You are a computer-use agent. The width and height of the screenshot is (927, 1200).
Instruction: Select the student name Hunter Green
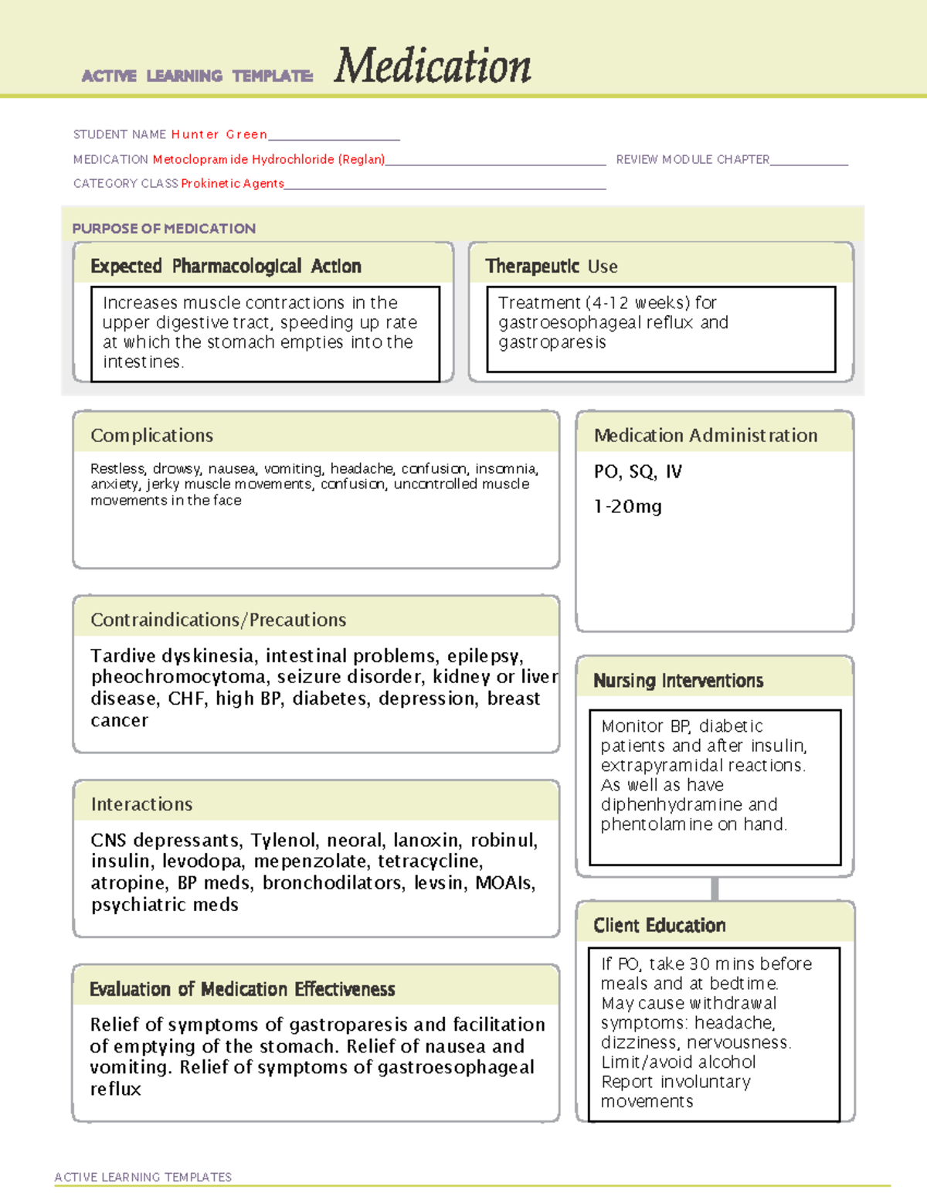[x=219, y=134]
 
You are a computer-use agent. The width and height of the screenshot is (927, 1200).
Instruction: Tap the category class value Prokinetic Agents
[x=233, y=184]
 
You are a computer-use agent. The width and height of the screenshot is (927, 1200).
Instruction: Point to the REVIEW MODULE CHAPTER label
[x=692, y=159]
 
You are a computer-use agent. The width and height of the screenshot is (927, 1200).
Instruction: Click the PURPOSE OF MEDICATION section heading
[x=164, y=229]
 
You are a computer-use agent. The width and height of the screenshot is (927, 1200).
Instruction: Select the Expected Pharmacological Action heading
[x=226, y=267]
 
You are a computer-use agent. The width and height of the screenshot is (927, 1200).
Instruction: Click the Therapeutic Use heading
[x=552, y=267]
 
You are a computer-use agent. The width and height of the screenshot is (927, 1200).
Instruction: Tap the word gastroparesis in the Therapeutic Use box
[x=552, y=342]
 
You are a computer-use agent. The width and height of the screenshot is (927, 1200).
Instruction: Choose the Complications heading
[x=151, y=436]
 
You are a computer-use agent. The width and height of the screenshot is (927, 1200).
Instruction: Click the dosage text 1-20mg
[x=628, y=507]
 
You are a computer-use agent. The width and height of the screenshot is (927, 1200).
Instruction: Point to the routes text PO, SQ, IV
[x=638, y=472]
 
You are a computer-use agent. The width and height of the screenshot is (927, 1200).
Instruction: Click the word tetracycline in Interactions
[x=433, y=861]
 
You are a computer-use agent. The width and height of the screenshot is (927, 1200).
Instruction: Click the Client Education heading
[x=659, y=926]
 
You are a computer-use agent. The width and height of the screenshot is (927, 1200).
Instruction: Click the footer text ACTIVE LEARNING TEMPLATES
[x=143, y=1177]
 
